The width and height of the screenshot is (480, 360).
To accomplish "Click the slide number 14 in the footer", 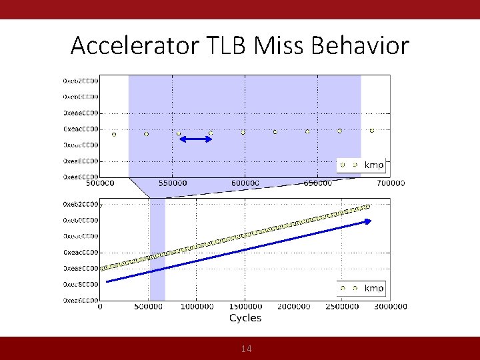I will [246, 349].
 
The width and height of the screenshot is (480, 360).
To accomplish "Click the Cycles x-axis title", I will [245, 318].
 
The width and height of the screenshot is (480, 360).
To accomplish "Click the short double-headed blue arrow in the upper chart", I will [195, 139].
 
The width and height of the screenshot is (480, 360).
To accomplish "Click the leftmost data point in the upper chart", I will [114, 134].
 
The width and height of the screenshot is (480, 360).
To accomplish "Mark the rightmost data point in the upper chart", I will [372, 131].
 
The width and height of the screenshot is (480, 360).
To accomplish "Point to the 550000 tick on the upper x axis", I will [173, 183].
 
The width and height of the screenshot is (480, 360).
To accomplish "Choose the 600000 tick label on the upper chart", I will [245, 183].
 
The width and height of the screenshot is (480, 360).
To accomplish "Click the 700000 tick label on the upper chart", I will [391, 183].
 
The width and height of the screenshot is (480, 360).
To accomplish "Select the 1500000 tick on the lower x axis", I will [245, 307].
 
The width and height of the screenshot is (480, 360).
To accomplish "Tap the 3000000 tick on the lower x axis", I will [391, 307].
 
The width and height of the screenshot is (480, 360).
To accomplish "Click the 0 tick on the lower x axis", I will [100, 307].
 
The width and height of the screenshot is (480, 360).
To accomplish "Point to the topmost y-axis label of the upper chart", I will [81, 81].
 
